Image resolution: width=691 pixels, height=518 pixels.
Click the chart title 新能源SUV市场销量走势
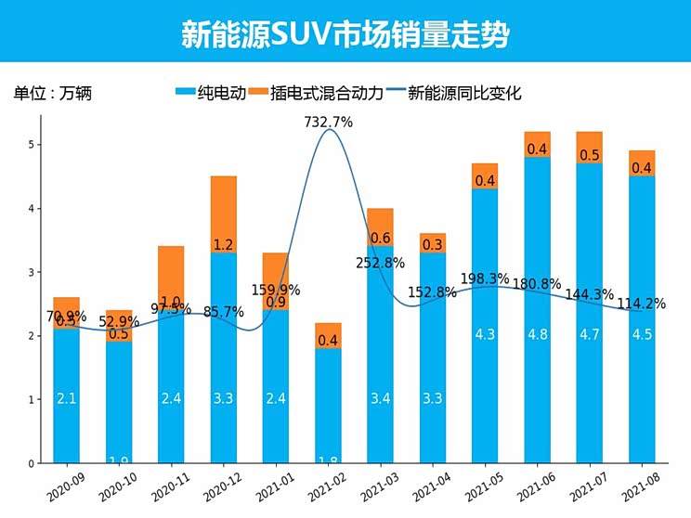[345, 34]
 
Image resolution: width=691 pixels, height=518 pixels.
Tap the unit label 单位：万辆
[53, 93]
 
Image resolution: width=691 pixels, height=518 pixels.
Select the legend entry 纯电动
[210, 93]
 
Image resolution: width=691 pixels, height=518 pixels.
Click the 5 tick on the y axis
[31, 145]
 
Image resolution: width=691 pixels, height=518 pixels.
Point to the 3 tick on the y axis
[31, 272]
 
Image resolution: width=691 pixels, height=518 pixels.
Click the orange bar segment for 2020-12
[223, 214]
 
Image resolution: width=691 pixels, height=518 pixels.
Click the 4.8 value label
[537, 334]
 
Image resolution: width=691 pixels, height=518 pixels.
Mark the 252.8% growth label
[381, 263]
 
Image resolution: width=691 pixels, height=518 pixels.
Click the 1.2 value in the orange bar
[223, 245]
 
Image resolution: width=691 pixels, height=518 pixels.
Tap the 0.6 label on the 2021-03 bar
[380, 239]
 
